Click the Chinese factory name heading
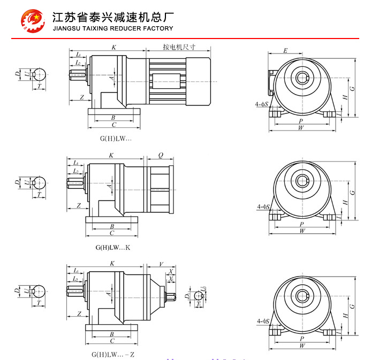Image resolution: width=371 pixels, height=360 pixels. tap(112, 16)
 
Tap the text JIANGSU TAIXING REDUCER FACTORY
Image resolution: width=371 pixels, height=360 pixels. tap(113, 28)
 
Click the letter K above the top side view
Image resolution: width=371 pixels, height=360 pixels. tap(113, 48)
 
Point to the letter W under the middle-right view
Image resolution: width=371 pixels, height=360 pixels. tap(302, 231)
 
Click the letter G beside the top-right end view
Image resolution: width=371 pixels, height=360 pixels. tap(352, 87)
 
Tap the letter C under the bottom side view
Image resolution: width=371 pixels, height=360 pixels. tap(112, 341)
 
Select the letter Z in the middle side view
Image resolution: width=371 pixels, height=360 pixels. tap(79, 205)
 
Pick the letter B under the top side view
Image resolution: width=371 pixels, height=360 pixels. tap(112, 117)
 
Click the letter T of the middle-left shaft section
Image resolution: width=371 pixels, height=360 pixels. tap(39, 195)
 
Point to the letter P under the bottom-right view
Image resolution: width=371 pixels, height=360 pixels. tap(302, 339)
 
